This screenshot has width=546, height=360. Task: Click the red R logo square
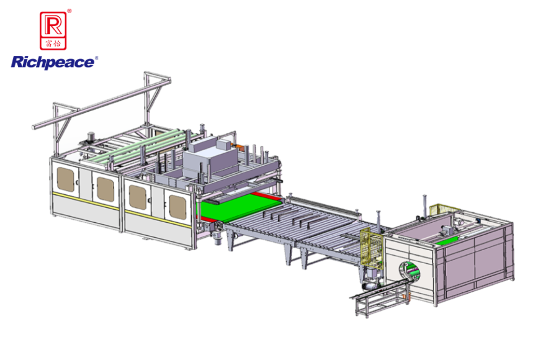tap(53, 30)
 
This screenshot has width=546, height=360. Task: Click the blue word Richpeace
tap(52, 63)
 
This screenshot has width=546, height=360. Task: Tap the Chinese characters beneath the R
tap(53, 43)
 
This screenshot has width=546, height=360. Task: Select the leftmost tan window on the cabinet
tap(66, 179)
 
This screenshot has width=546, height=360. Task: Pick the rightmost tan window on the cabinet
tap(177, 207)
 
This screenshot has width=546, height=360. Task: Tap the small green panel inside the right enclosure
tap(447, 241)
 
